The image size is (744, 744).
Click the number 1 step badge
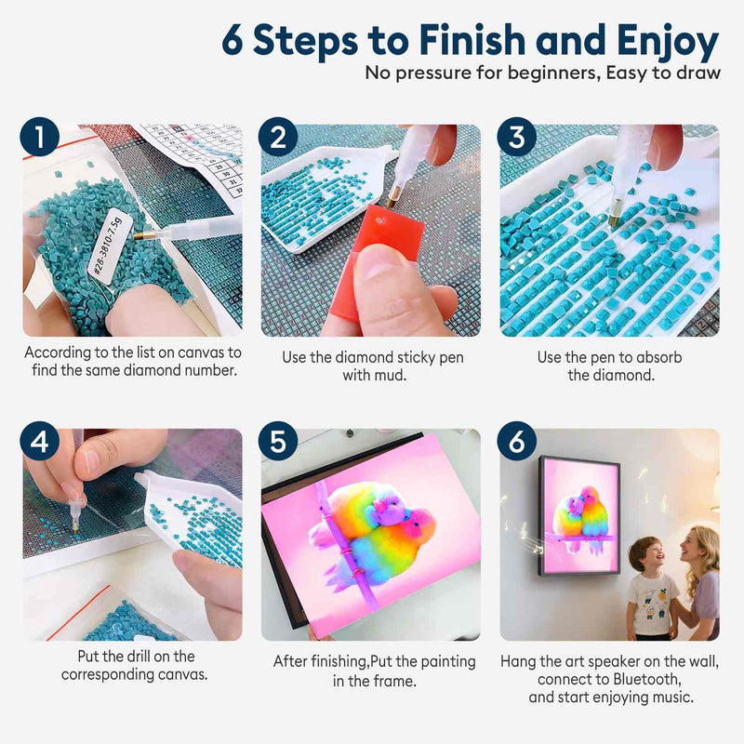[40, 137]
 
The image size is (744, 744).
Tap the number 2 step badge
[278, 137]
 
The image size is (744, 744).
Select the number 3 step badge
[517, 137]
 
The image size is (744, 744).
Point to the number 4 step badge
[40, 441]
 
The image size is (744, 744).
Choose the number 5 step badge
[278, 441]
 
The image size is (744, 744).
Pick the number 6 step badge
[517, 441]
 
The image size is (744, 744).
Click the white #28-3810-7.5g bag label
[105, 247]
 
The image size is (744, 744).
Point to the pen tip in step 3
[613, 220]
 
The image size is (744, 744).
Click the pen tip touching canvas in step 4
[75, 528]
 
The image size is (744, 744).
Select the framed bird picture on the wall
[578, 516]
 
